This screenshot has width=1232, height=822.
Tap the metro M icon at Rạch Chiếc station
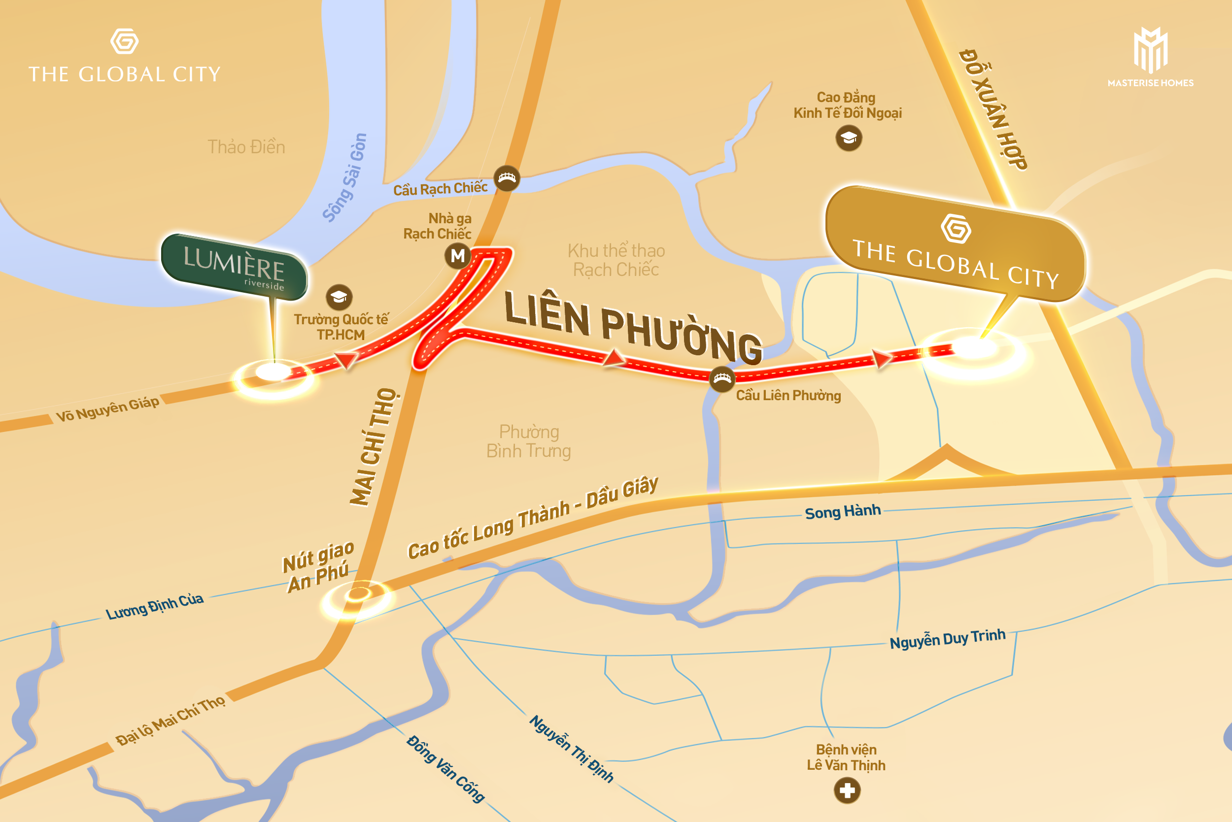coord(458,256)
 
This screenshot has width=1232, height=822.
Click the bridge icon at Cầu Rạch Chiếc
coord(507,178)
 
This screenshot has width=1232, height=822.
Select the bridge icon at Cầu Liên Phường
coord(722,378)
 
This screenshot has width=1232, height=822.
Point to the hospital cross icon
coord(847,790)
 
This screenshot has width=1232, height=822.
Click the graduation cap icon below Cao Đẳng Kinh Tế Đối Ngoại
coord(849,138)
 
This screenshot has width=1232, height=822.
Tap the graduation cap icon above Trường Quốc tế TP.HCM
coord(339,297)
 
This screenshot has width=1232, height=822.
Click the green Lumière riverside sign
coord(234,268)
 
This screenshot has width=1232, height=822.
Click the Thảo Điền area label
coord(246,147)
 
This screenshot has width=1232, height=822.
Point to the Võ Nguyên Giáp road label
coord(107,409)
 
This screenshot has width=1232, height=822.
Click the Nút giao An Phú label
coord(318,567)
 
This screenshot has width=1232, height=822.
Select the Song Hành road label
coord(843,512)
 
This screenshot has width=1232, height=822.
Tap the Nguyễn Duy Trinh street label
coord(947,639)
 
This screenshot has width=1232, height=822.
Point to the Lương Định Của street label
coord(154,606)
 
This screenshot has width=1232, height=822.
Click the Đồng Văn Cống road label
coord(445,769)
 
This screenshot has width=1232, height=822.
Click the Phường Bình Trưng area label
coord(528,442)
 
